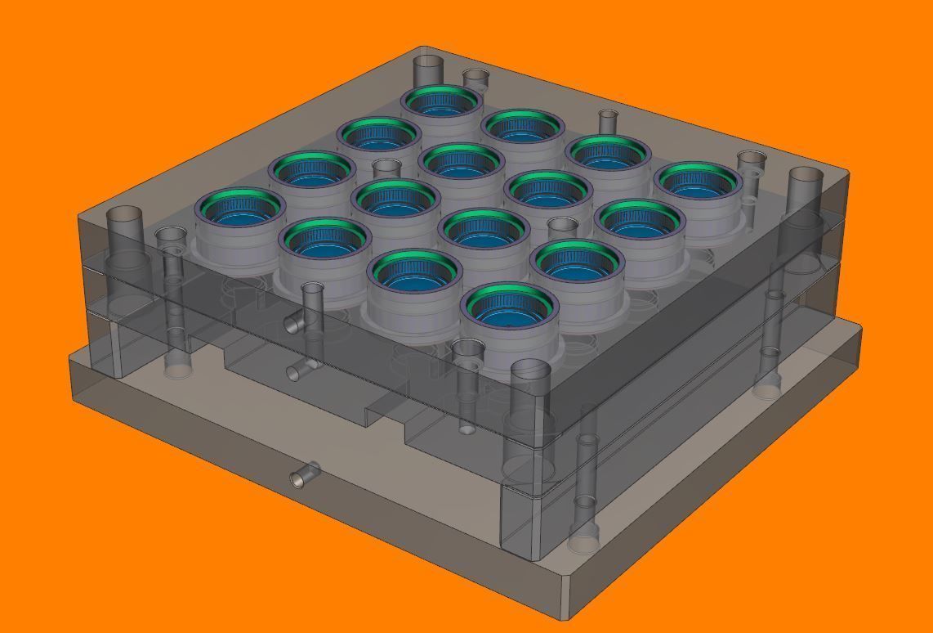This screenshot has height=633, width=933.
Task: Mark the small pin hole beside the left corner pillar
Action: pos(171,238)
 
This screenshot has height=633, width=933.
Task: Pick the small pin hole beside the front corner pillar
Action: pos(467,349)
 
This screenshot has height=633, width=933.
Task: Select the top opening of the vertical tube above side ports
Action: pos(313,288)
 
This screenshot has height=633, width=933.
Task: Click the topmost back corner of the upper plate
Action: pos(425,47)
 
